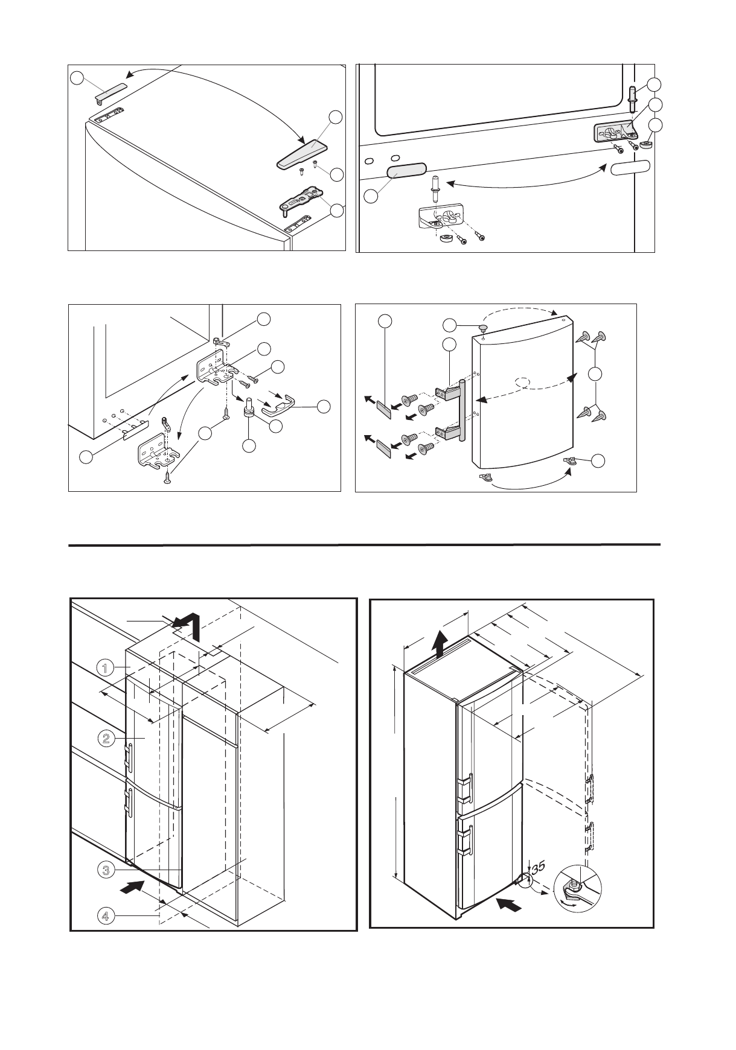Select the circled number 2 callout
(x=105, y=738)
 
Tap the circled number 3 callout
(x=105, y=870)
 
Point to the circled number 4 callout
(x=105, y=916)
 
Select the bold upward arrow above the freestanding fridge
(x=441, y=644)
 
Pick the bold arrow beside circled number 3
(x=132, y=886)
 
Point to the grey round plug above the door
(x=484, y=326)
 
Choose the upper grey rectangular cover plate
(x=383, y=410)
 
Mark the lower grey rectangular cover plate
(x=383, y=449)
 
